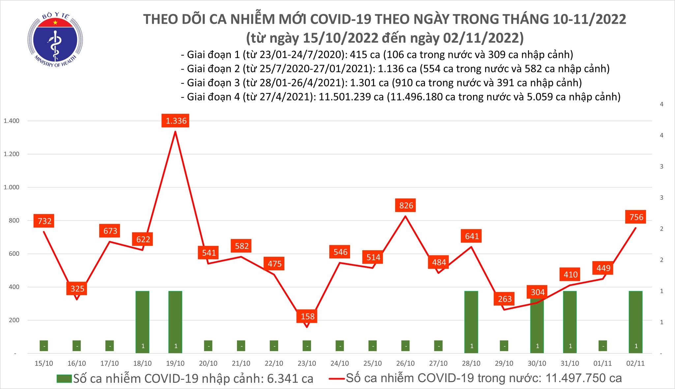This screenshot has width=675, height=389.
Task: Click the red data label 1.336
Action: (x=176, y=121)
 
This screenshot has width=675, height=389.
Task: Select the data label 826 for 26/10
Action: (x=406, y=205)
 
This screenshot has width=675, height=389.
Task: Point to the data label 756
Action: (x=636, y=217)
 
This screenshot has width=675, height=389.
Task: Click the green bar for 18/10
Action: (x=142, y=321)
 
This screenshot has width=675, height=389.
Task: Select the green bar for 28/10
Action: (x=471, y=321)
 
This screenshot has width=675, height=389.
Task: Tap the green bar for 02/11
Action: (x=635, y=321)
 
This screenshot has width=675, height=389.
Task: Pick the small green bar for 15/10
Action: (x=44, y=346)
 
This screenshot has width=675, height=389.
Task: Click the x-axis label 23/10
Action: (x=307, y=363)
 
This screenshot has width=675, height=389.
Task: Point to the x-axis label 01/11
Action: (x=602, y=363)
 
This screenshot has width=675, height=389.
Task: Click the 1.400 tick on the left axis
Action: (x=11, y=121)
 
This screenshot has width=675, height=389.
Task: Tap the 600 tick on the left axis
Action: (x=14, y=254)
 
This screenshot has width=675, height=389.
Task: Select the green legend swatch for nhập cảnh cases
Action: (x=64, y=378)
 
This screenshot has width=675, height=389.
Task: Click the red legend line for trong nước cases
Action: (x=337, y=378)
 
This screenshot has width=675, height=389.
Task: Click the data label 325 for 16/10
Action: (x=77, y=289)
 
